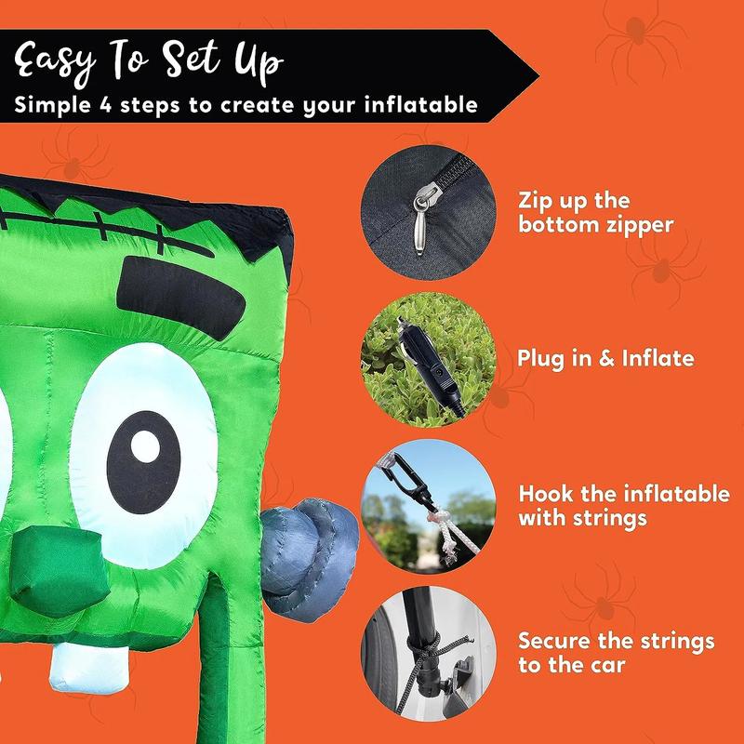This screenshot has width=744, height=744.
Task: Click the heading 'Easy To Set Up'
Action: [x=149, y=61]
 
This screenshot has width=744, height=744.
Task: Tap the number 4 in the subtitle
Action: [x=105, y=105]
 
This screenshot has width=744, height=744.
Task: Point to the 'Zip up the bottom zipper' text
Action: [x=595, y=212]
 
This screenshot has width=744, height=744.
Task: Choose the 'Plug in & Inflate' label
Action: [x=605, y=358]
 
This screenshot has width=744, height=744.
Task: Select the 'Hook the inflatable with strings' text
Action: [x=624, y=506]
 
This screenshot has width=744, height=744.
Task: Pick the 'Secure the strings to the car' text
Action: [x=616, y=653]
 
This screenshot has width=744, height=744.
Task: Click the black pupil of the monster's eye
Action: [x=144, y=462]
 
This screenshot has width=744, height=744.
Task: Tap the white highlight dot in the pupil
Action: [x=145, y=446]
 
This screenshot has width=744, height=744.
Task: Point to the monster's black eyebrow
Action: [x=180, y=298]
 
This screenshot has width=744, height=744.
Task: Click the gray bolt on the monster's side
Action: [x=310, y=560]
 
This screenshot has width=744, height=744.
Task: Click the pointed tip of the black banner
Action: [x=538, y=76]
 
